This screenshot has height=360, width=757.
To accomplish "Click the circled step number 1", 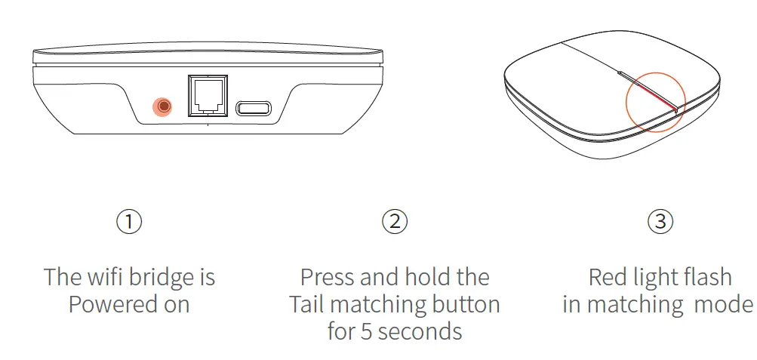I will coord(129,221).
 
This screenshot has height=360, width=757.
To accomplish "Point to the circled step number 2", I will coord(394,221).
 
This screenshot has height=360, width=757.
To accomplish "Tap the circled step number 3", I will coord(660,221).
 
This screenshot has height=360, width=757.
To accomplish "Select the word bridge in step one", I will coord(161,278).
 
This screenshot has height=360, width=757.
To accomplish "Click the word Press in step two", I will coord(328,277).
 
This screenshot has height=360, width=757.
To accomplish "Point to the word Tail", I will coord(305,304).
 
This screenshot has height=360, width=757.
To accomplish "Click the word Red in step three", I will coord(607,277).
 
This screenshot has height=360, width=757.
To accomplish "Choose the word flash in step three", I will coord(706,277).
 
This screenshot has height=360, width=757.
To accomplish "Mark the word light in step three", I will coord(654,278).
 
